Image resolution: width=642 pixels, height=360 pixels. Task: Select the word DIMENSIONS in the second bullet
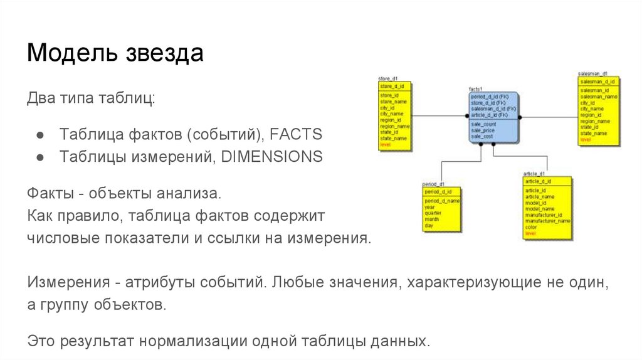271,156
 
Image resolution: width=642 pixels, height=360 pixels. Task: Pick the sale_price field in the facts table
483,130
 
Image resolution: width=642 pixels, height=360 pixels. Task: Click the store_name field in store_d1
394,101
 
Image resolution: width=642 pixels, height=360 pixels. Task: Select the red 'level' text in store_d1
385,144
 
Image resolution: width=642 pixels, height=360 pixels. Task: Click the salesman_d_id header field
597,82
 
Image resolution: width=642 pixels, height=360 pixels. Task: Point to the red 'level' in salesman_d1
586,139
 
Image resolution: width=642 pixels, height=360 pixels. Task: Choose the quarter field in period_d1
433,213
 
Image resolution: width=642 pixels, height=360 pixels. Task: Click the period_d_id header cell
438,191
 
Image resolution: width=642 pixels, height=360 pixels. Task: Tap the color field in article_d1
530,227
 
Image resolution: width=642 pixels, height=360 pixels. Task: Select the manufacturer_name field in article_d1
547,221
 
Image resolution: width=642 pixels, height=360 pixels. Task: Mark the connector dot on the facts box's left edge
468,117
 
